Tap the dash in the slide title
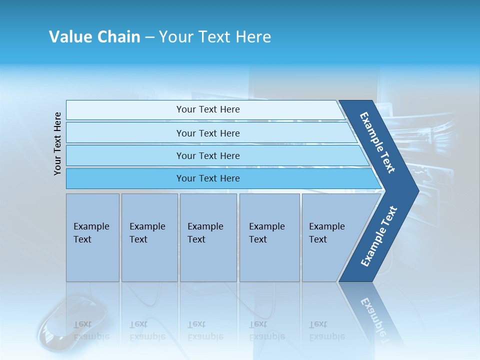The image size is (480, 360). coord(149,37)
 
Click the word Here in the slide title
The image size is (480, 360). coord(253,37)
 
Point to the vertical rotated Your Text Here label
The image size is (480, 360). coord(57,143)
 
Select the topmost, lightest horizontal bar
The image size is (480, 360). coord(205,109)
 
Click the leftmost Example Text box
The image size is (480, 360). coord(92,237)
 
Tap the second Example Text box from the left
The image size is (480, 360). coord(149,237)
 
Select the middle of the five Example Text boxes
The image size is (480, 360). coord(207,237)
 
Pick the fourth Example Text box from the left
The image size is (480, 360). coord(269,237)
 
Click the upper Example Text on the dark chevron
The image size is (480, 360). coord(377,142)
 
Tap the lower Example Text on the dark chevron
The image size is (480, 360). coord(378,236)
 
